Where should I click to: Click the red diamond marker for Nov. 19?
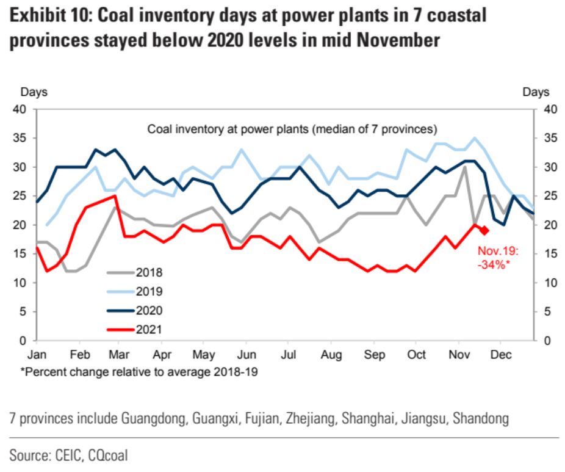tap(484, 230)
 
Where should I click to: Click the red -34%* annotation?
tap(495, 263)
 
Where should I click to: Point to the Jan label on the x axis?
tap(37, 355)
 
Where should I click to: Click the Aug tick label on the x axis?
tap(331, 355)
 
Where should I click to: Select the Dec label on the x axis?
tap(500, 355)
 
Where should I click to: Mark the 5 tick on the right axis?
tap(543, 311)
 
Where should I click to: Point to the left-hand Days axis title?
tap(34, 92)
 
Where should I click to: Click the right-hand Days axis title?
tap(536, 92)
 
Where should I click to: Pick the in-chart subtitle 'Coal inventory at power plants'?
tap(293, 129)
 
